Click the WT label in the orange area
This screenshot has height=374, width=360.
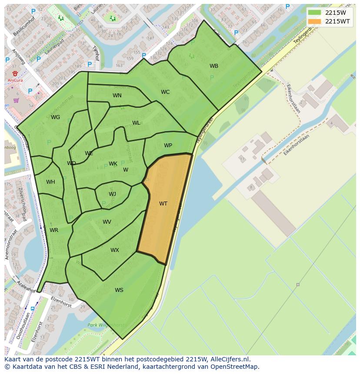click(x=163, y=204)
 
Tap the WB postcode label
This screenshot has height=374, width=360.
click(x=214, y=66)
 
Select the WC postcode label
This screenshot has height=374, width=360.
click(x=165, y=92)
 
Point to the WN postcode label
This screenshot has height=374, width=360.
click(x=117, y=96)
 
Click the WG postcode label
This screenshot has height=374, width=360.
click(x=55, y=117)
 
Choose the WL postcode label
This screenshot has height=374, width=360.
click(x=136, y=123)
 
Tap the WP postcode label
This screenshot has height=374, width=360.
click(x=168, y=146)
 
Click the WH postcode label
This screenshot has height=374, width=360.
click(x=50, y=182)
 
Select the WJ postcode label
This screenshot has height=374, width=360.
click(x=112, y=194)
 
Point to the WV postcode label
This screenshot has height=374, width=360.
click(x=107, y=222)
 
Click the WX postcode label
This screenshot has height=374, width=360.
click(x=114, y=250)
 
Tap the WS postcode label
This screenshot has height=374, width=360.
click(x=119, y=290)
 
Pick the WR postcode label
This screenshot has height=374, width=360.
click(x=54, y=230)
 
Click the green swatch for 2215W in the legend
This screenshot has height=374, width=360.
click(x=314, y=13)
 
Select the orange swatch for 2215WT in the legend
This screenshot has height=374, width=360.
click(x=314, y=21)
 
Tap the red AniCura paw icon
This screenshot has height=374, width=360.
click(x=15, y=73)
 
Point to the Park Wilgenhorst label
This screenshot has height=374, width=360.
click(x=106, y=325)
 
